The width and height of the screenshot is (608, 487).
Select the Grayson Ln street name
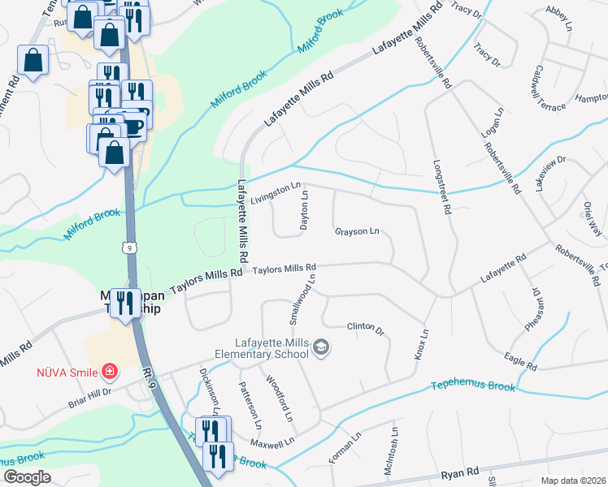click(x=357, y=232)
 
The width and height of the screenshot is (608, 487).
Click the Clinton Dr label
click(x=365, y=327)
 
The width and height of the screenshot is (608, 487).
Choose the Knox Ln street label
click(x=422, y=346)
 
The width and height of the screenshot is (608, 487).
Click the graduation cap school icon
click(x=321, y=347)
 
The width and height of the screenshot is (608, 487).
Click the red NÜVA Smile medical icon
click(x=109, y=373)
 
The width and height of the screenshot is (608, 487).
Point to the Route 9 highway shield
click(x=130, y=247)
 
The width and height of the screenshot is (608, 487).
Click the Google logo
click(x=27, y=477)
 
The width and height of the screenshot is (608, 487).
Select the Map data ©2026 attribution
click(x=572, y=481)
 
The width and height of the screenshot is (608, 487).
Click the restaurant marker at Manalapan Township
click(x=125, y=304)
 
